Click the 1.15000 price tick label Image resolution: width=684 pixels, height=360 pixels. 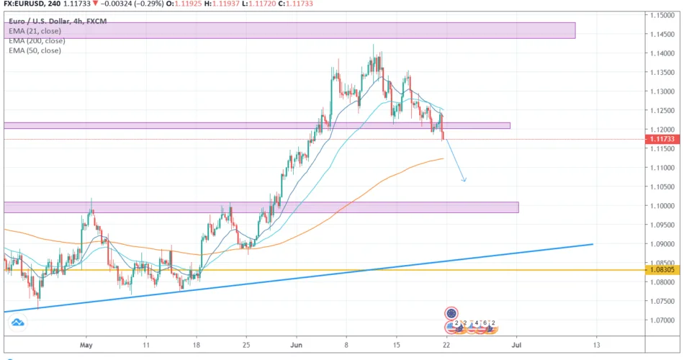(x=663, y=14)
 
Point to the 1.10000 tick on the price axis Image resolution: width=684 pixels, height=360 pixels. (x=663, y=206)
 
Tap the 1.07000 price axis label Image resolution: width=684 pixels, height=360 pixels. (x=663, y=320)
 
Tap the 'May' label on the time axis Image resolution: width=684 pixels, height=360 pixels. (x=86, y=346)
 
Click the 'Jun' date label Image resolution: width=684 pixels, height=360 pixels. (x=296, y=346)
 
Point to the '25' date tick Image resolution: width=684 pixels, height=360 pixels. (x=246, y=346)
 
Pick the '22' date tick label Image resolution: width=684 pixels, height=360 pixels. (x=446, y=346)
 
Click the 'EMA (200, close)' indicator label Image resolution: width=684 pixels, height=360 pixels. (x=35, y=40)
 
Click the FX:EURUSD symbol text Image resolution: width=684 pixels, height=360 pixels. (x=22, y=4)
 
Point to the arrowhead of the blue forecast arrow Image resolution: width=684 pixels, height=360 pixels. (x=464, y=180)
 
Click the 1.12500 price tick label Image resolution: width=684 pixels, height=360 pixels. (x=663, y=110)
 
